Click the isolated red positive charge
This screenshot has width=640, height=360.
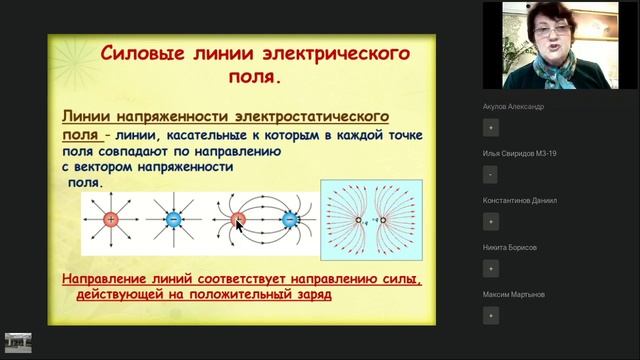[x=111, y=219]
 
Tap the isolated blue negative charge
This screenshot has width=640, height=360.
[x=174, y=219]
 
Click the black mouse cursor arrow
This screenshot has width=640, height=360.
[x=240, y=223]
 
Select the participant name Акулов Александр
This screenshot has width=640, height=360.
[x=519, y=105]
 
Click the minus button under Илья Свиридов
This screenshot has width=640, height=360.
[x=490, y=174]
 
